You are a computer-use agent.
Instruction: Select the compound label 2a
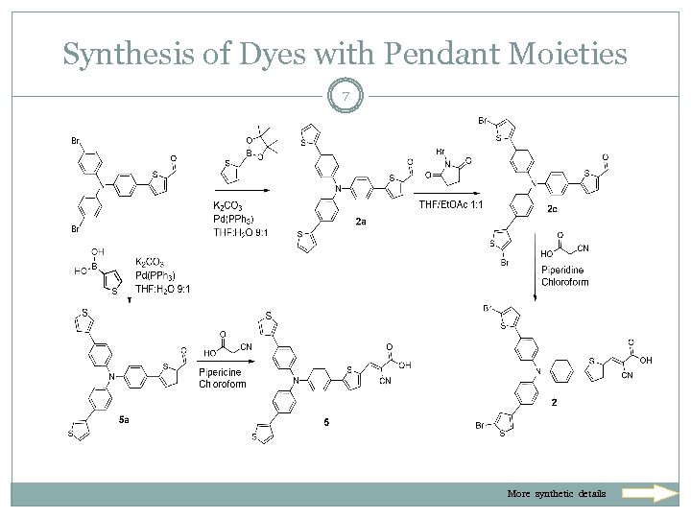pyautogui.click(x=361, y=222)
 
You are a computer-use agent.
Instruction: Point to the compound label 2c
pyautogui.click(x=554, y=207)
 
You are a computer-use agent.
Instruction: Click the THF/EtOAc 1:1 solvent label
pyautogui.click(x=448, y=205)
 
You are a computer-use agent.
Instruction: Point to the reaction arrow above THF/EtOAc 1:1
pyautogui.click(x=449, y=191)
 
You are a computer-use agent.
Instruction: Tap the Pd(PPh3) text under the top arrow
pyautogui.click(x=236, y=219)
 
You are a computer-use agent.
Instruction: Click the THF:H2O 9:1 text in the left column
pyautogui.click(x=163, y=289)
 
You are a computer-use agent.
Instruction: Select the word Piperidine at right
pyautogui.click(x=567, y=269)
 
